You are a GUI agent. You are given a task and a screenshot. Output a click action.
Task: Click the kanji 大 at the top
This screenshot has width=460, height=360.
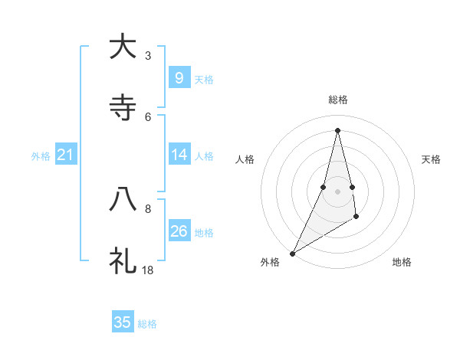123,47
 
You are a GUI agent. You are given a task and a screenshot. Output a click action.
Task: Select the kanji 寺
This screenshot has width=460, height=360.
123,108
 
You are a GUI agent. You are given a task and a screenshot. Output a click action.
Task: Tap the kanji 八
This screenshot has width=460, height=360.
123,200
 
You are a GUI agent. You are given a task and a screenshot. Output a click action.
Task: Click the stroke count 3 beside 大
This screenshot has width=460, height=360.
148,55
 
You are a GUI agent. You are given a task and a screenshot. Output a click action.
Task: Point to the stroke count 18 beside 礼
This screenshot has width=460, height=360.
148,270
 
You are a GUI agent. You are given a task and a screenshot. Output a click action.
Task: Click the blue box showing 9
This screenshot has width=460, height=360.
179,77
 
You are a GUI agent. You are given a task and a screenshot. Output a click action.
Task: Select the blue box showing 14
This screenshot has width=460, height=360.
179,155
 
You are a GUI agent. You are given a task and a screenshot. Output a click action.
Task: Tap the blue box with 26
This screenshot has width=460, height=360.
179,231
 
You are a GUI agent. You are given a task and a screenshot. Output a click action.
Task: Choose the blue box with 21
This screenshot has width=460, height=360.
66,155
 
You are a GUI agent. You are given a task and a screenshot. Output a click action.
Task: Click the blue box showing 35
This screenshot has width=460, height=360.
123,322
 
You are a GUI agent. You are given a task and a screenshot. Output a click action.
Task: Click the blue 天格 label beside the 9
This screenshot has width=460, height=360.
204,79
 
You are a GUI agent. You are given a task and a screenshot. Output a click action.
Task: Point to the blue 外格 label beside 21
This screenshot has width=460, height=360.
41,156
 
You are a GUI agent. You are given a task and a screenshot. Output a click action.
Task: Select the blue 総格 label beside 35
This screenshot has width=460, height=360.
147,324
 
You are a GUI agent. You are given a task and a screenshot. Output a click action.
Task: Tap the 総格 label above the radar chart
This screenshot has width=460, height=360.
337,100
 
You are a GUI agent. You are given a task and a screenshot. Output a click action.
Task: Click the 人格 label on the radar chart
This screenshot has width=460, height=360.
245,159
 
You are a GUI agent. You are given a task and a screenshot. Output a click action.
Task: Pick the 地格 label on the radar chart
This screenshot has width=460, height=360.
402,262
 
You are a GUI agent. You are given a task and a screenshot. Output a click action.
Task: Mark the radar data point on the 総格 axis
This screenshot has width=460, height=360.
337,129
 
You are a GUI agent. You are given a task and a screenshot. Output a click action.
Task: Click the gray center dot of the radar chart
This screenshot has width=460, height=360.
337,191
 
